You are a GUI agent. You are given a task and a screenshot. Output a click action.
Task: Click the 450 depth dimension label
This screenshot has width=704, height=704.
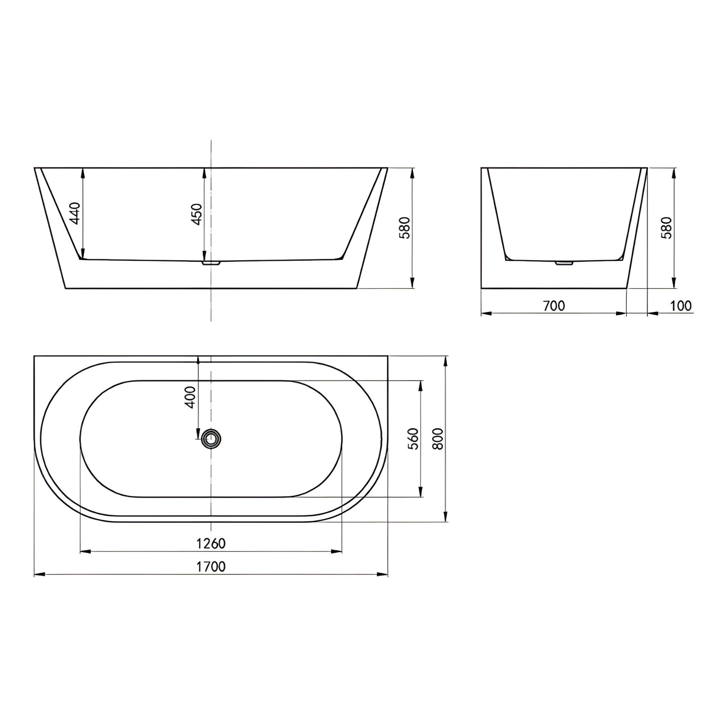click(197, 214)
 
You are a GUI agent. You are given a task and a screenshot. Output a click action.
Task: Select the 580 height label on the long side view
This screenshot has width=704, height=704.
click(405, 228)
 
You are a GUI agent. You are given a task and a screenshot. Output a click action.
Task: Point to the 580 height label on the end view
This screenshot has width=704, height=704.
click(667, 228)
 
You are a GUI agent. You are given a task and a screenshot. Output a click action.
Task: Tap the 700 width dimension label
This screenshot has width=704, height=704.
click(554, 306)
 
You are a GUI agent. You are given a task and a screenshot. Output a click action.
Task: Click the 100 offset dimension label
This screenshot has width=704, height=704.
click(681, 306)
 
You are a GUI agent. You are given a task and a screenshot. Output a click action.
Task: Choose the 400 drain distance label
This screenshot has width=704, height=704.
click(190, 397)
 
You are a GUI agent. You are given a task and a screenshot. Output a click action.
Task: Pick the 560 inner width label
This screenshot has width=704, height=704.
click(414, 439)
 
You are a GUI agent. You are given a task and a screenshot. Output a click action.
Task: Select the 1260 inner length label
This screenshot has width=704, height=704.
click(211, 544)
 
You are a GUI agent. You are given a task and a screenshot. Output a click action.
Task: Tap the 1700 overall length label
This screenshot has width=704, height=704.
click(211, 566)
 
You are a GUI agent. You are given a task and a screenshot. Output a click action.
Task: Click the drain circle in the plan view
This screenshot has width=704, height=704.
click(211, 438)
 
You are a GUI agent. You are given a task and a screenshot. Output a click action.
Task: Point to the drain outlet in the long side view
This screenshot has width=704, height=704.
click(211, 262)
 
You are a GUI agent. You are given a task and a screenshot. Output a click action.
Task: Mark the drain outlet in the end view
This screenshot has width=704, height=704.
click(564, 262)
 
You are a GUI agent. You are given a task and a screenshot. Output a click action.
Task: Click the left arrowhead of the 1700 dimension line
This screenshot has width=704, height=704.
click(39, 575)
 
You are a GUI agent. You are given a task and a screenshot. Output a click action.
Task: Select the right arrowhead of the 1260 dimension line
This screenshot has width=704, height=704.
click(337, 551)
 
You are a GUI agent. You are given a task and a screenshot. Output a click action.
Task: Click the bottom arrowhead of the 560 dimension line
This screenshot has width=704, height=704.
click(421, 492)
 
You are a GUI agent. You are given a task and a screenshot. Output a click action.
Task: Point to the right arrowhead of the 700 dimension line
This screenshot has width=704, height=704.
click(621, 313)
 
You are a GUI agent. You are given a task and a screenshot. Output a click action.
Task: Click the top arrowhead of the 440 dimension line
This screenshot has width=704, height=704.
click(83, 173)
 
